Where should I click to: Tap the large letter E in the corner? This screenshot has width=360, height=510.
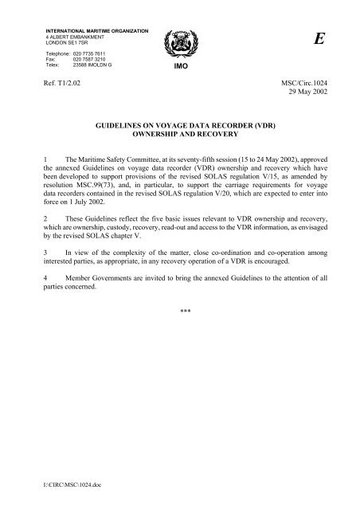pyautogui.click(x=319, y=43)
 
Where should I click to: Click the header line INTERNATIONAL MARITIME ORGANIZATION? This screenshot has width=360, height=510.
pyautogui.click(x=97, y=30)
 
